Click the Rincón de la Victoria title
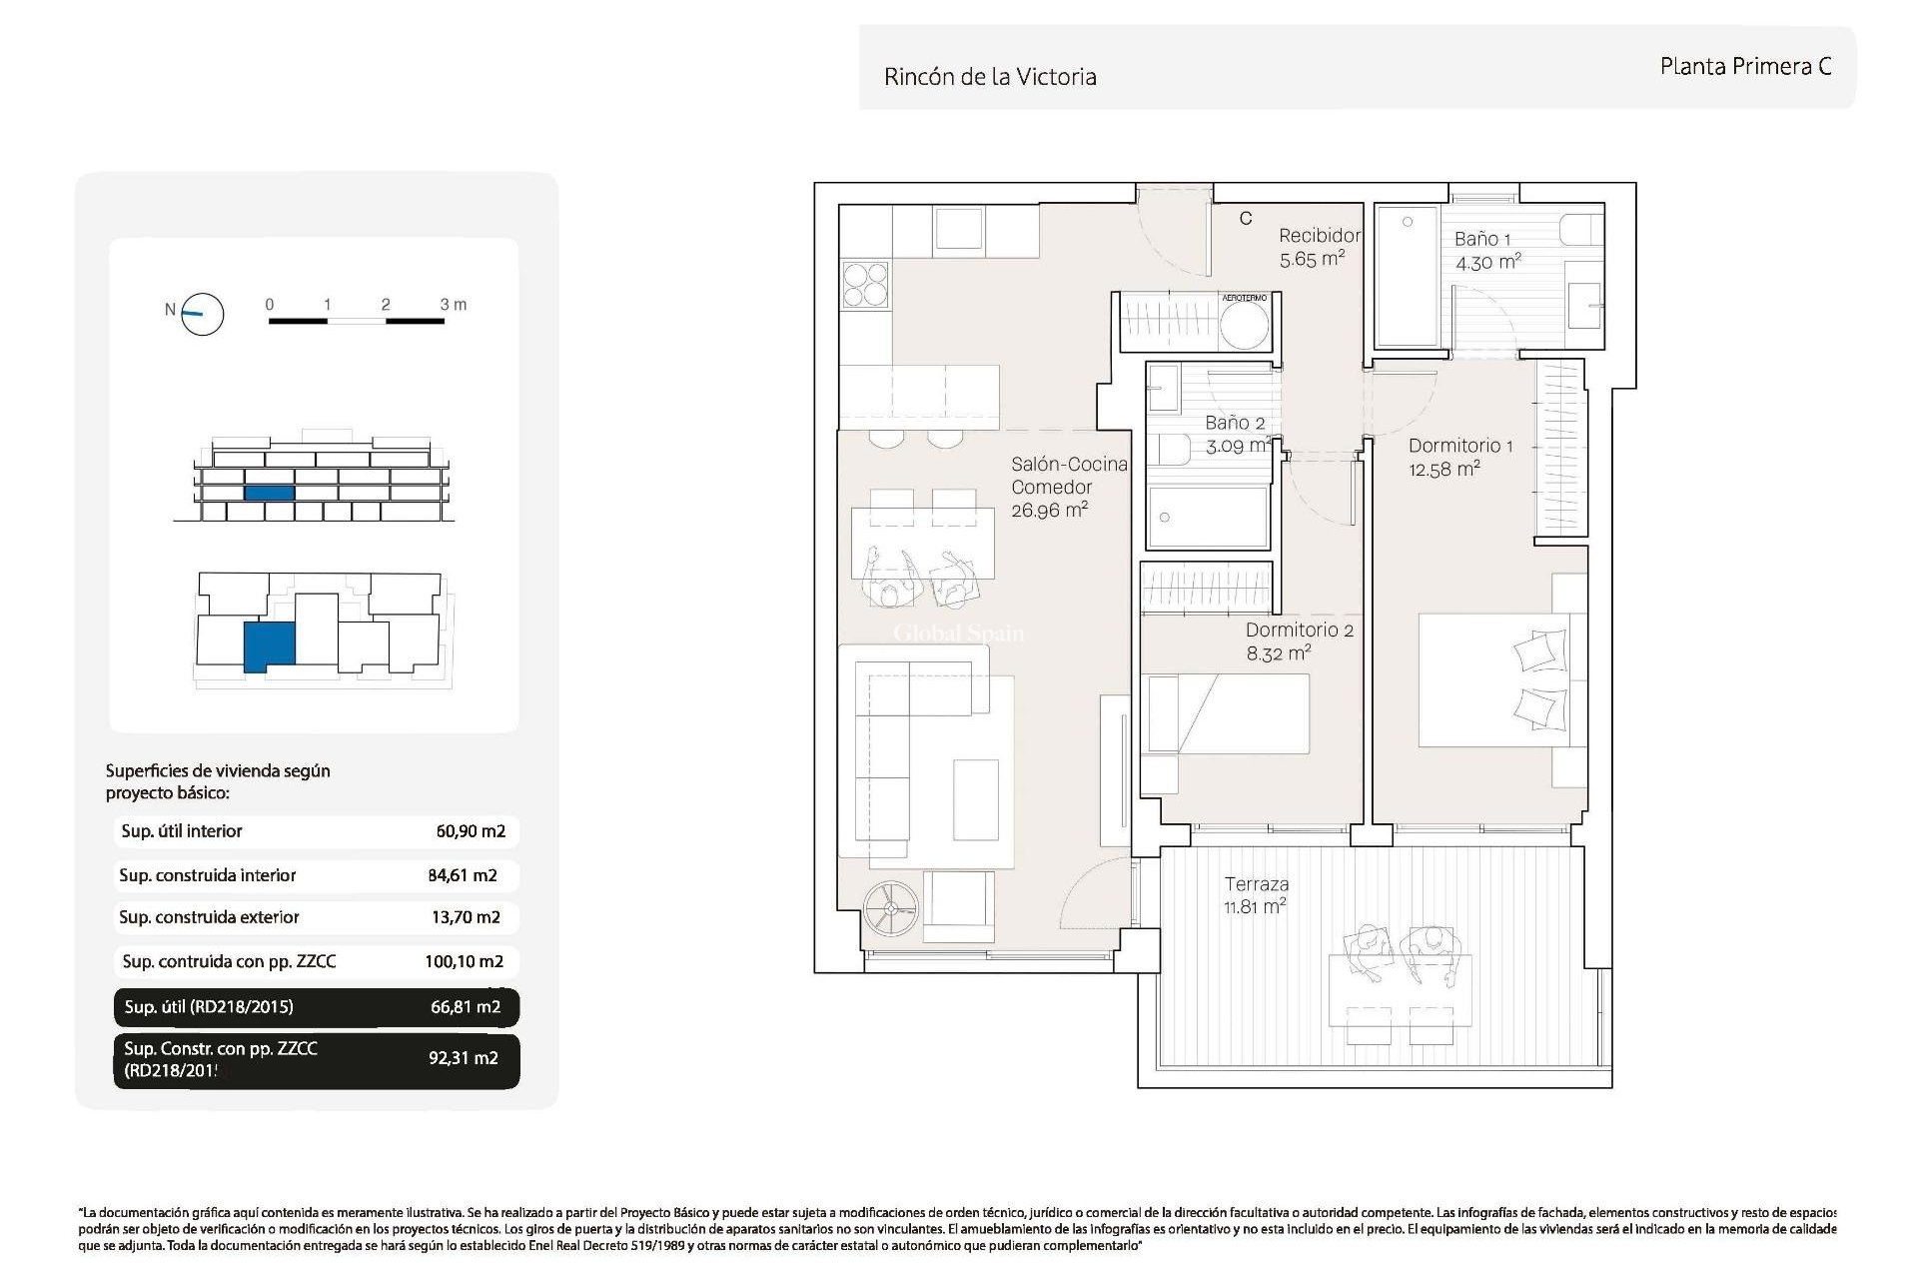pyautogui.click(x=989, y=77)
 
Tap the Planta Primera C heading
pyautogui.click(x=1745, y=66)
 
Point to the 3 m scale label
pyautogui.click(x=454, y=304)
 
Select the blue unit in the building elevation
pyautogui.click(x=269, y=493)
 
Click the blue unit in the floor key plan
pyautogui.click(x=270, y=645)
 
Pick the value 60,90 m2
pyautogui.click(x=471, y=831)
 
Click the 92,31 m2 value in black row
pyautogui.click(x=463, y=1058)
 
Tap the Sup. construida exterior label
pyautogui.click(x=209, y=917)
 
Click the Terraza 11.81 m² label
pyautogui.click(x=1256, y=895)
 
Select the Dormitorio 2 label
pyautogui.click(x=1299, y=631)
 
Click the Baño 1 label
pyautogui.click(x=1482, y=240)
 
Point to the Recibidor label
pyautogui.click(x=1319, y=236)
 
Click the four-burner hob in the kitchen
pyautogui.click(x=865, y=283)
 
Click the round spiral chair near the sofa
pyautogui.click(x=890, y=909)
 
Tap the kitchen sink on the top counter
pyautogui.click(x=958, y=228)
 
